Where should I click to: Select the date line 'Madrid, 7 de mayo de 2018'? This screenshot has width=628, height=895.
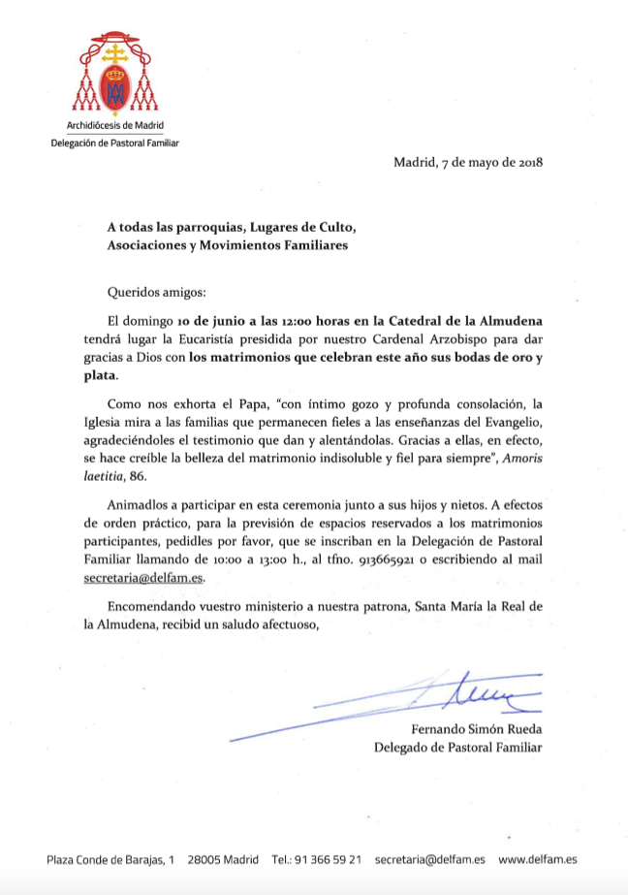468,162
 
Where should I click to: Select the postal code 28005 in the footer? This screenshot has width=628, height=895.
205,859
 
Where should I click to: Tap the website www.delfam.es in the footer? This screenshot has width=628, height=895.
539,859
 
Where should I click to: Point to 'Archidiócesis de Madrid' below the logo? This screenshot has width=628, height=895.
114,126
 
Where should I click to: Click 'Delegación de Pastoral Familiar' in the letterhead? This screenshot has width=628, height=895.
114,143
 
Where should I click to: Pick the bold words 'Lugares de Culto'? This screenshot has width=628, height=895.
301,228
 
